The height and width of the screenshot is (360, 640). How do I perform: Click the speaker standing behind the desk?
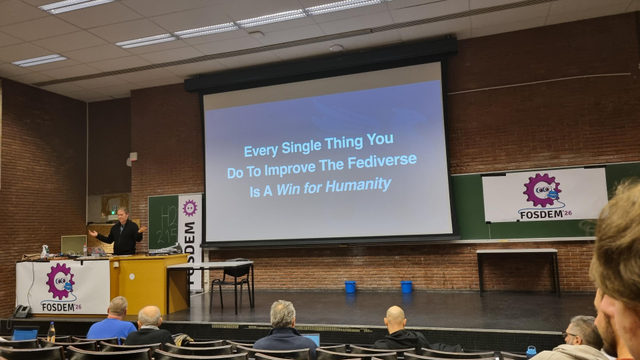pos(124,232)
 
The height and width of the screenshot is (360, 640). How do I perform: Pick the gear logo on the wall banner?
pos(541,190)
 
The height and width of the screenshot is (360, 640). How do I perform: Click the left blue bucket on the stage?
pos(350,287)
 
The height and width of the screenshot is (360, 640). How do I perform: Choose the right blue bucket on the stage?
pos(407,287)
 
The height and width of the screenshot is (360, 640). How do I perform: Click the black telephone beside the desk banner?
pos(22,311)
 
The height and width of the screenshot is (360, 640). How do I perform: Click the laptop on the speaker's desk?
pos(73,244)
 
